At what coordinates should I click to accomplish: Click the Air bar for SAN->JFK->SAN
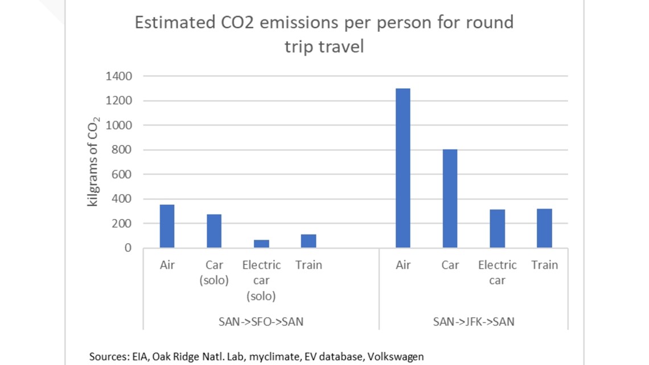pyautogui.click(x=402, y=168)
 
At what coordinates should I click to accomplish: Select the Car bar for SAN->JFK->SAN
pyautogui.click(x=450, y=198)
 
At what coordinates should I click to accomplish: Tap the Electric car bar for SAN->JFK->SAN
pyautogui.click(x=497, y=228)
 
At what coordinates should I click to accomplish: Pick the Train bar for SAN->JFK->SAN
pyautogui.click(x=544, y=228)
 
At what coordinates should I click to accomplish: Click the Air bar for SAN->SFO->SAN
pyautogui.click(x=167, y=226)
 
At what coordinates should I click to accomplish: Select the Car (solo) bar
pyautogui.click(x=214, y=231)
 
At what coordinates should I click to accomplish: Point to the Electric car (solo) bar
pyautogui.click(x=261, y=244)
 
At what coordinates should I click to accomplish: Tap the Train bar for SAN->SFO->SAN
pyautogui.click(x=309, y=241)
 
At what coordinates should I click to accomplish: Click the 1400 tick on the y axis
pyautogui.click(x=120, y=76)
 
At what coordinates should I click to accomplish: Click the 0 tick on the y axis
pyautogui.click(x=128, y=248)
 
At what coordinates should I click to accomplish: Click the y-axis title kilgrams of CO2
pyautogui.click(x=93, y=162)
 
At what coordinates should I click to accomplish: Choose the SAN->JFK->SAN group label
pyautogui.click(x=474, y=322)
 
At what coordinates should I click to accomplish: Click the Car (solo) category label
pyautogui.click(x=214, y=273)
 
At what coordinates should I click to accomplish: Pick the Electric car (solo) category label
pyautogui.click(x=261, y=281)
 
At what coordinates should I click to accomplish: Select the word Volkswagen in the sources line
pyautogui.click(x=396, y=357)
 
